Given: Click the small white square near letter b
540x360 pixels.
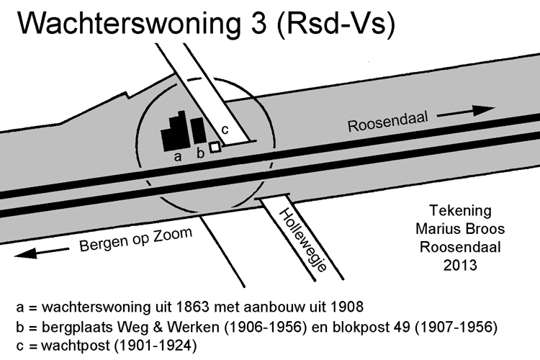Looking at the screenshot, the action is [215, 147].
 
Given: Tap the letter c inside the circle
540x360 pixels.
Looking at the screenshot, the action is [225, 130].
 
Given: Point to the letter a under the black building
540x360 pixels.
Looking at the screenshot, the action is [177, 157].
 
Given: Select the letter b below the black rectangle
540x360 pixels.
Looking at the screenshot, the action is [200, 153].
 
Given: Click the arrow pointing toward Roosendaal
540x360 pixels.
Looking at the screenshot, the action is [466, 112].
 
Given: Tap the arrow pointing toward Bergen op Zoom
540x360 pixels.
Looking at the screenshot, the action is [41, 253].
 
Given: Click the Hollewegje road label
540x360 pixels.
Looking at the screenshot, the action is [302, 240].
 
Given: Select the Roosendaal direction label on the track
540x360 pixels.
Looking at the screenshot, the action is [388, 122].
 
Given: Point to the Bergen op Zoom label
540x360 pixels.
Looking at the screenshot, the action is [135, 239].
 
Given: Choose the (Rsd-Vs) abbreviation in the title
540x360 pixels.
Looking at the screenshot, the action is [336, 24].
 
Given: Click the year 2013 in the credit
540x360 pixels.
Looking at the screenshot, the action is [460, 265].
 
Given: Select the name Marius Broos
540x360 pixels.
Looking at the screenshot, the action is [460, 229].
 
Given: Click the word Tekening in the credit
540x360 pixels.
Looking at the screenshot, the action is [460, 210].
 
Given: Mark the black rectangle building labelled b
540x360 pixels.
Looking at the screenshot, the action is [199, 131].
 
